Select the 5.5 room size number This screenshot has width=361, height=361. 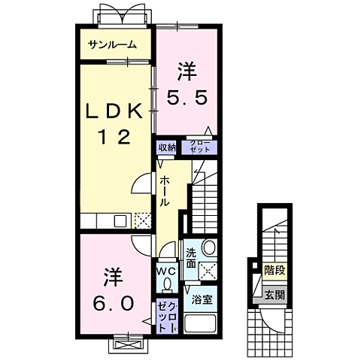[x=187, y=97]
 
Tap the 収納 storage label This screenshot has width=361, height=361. [x=167, y=147]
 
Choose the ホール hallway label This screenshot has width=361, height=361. [x=164, y=192]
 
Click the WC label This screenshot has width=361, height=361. [x=167, y=270]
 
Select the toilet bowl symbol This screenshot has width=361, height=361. [x=167, y=284]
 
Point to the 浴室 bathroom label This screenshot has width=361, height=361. [x=201, y=299]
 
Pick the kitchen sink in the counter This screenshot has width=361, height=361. [x=120, y=220]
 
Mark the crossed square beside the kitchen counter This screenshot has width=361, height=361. [x=142, y=220]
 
